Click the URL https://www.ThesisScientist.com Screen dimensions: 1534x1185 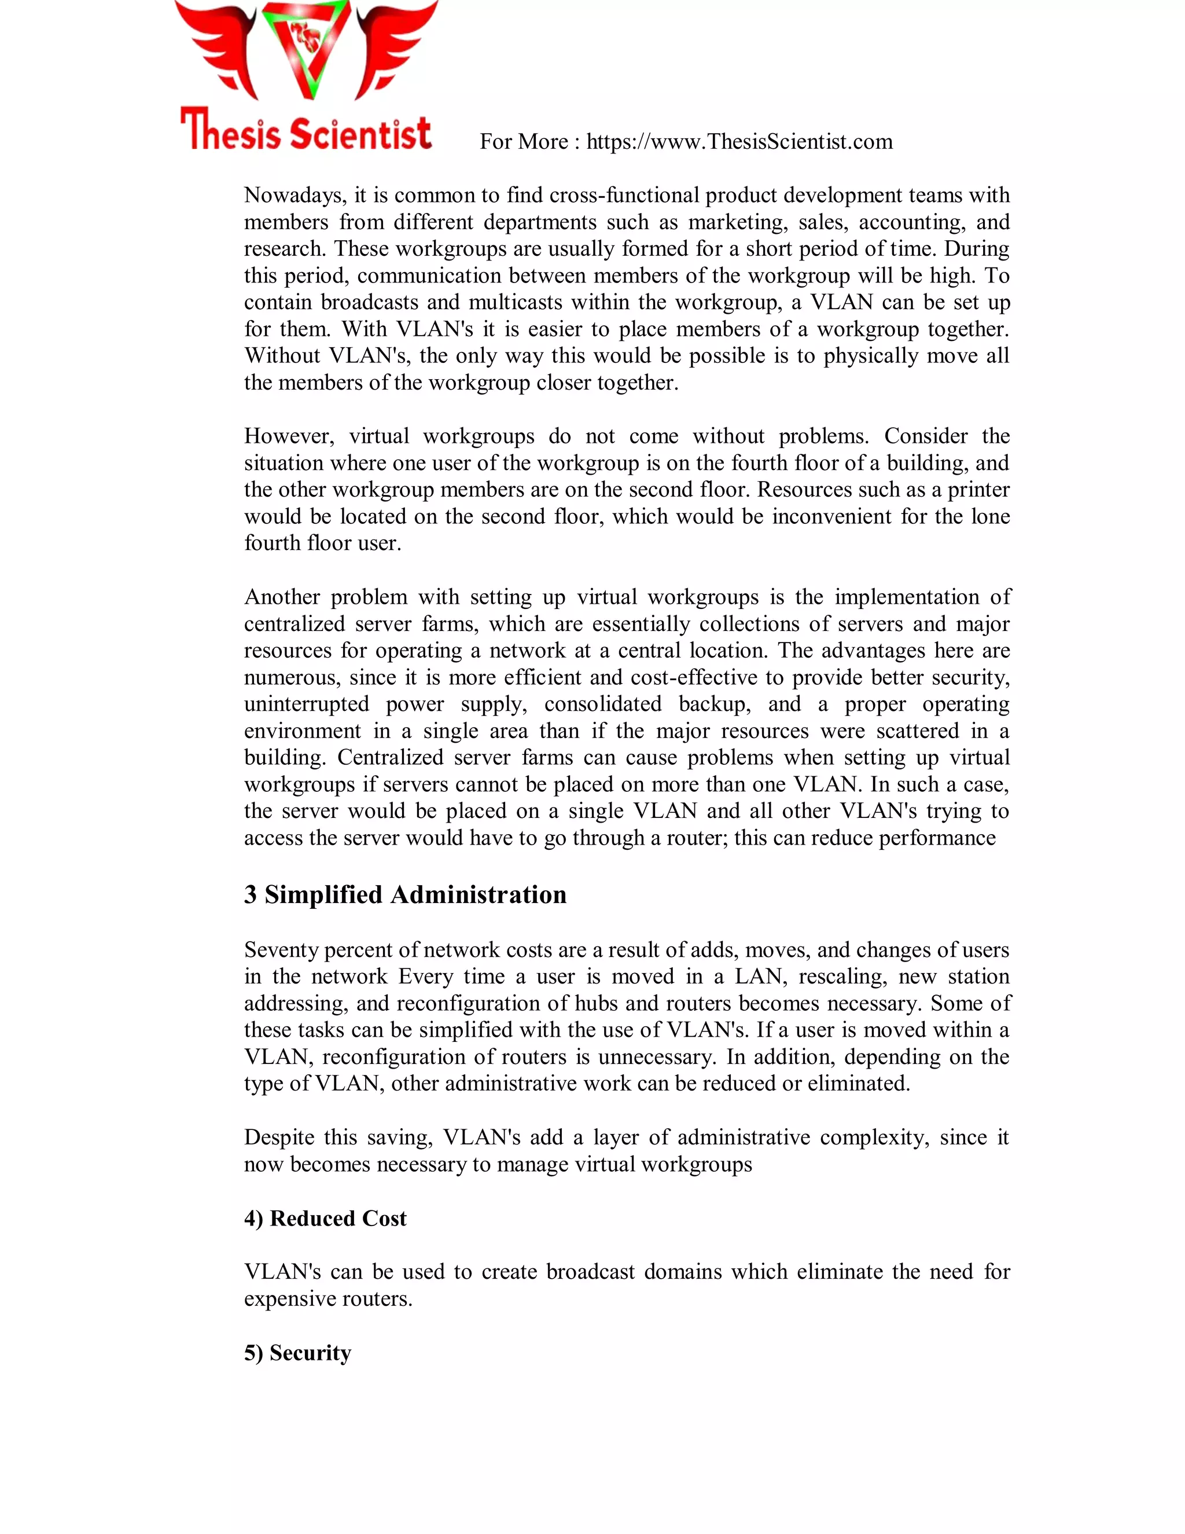[739, 142]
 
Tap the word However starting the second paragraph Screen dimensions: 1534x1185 [286, 436]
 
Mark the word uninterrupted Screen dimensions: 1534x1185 [306, 704]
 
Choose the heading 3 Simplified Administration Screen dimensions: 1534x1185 [405, 895]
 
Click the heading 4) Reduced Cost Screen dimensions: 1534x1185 [325, 1219]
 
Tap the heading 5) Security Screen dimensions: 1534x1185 [297, 1353]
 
